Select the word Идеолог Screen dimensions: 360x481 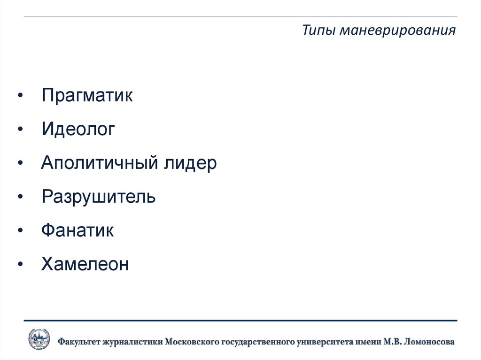pyautogui.click(x=78, y=130)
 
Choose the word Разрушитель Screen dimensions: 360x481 pyautogui.click(x=98, y=197)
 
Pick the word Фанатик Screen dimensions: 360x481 pyautogui.click(x=78, y=230)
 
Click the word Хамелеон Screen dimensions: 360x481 pyautogui.click(x=85, y=264)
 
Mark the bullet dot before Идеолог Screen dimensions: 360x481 pyautogui.click(x=20, y=130)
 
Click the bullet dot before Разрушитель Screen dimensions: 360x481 pyautogui.click(x=20, y=198)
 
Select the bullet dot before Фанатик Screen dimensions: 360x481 pyautogui.click(x=20, y=231)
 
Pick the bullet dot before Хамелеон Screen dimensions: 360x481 pyautogui.click(x=20, y=265)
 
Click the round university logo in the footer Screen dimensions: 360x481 pyautogui.click(x=39, y=339)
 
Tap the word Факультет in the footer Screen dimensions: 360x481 pyautogui.click(x=79, y=342)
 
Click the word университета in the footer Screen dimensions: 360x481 pyautogui.click(x=326, y=342)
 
